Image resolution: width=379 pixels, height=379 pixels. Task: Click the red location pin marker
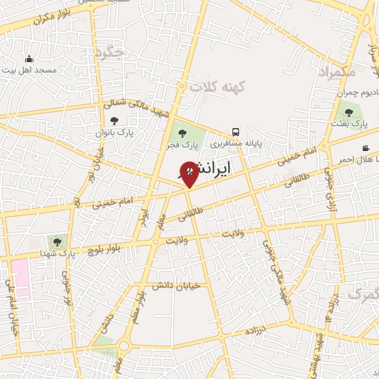[x=189, y=173]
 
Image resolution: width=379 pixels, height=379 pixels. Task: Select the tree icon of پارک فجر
[x=182, y=133]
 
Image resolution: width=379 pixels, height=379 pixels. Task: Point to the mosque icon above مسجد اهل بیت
[x=29, y=58]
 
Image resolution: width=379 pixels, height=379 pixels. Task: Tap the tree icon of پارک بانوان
[x=113, y=121]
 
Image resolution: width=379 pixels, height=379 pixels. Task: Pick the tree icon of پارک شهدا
[x=56, y=241]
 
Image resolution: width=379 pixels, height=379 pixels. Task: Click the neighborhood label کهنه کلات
[x=216, y=87]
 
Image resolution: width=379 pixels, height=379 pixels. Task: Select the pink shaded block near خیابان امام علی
[x=20, y=277]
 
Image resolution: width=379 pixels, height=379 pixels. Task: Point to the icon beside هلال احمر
[x=365, y=147]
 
